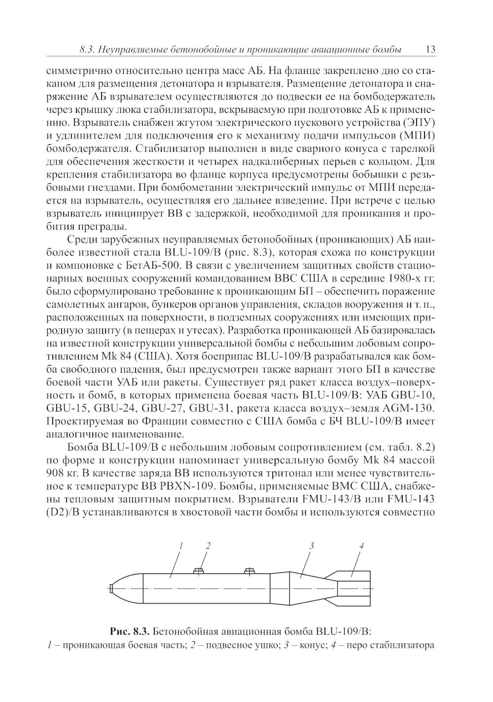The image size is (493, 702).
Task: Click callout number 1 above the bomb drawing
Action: tap(181, 545)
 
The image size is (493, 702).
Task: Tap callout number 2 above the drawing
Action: tap(208, 545)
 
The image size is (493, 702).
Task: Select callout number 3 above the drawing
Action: tap(312, 545)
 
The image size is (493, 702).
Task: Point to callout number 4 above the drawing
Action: tap(361, 545)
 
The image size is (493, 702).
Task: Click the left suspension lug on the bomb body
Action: tap(198, 571)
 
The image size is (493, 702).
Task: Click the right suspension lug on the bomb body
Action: tap(249, 571)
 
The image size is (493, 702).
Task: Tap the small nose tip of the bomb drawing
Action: tap(111, 589)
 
